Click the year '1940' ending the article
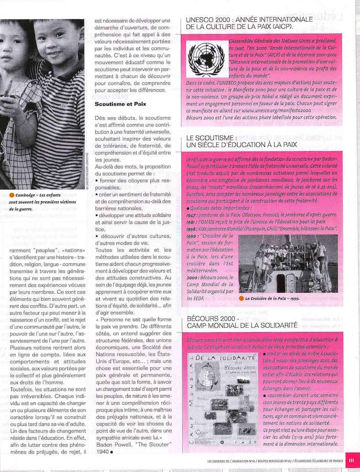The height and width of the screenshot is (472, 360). pos(102,452)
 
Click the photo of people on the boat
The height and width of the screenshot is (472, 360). pos(288,263)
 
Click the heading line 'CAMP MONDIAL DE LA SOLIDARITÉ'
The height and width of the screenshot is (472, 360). pos(239,326)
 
